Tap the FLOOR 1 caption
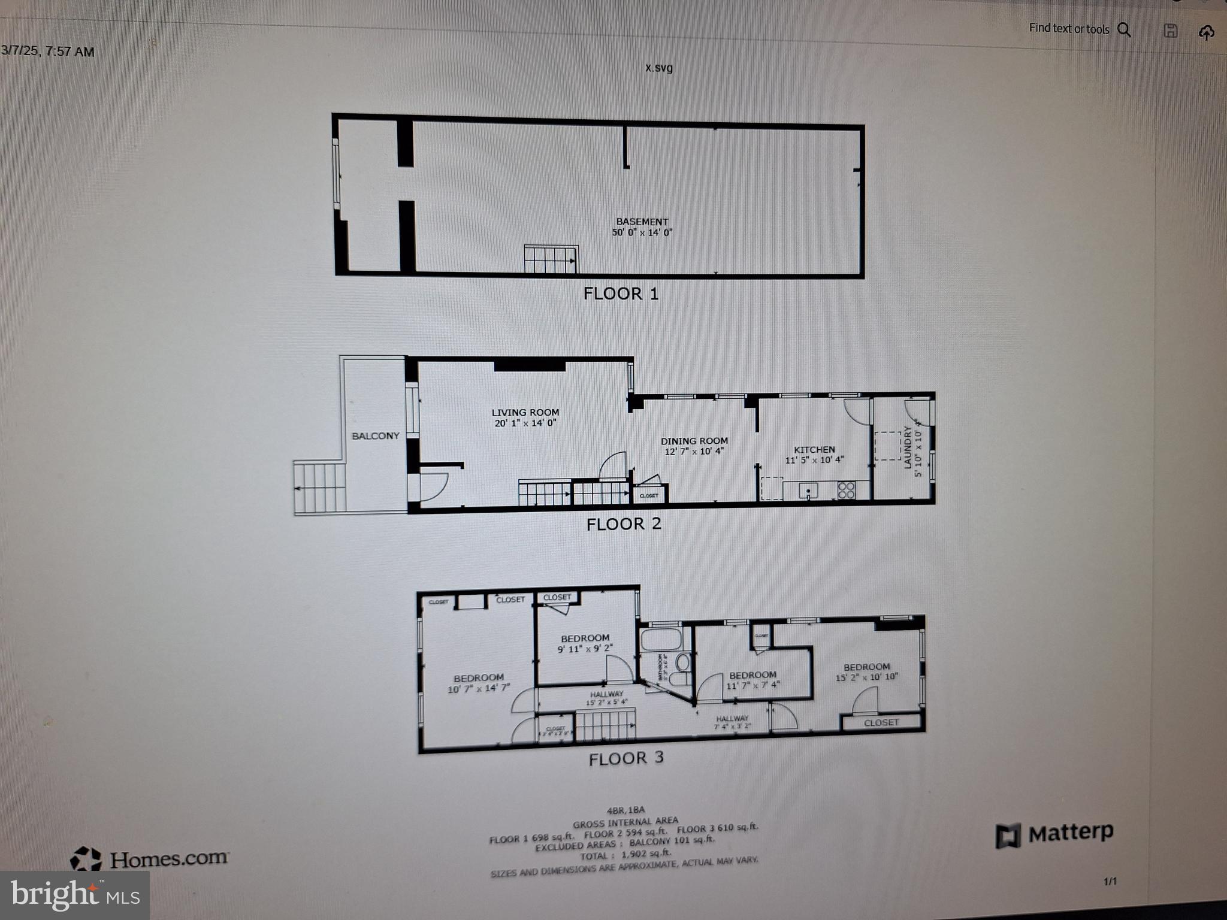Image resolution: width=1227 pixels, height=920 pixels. pyautogui.click(x=621, y=293)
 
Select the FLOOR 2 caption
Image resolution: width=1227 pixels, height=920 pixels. pyautogui.click(x=624, y=524)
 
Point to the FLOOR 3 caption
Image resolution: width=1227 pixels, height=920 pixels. pyautogui.click(x=626, y=758)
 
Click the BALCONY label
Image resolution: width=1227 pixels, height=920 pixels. pyautogui.click(x=375, y=436)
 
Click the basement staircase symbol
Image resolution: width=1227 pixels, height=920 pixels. pyautogui.click(x=551, y=259)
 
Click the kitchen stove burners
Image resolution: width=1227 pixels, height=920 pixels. pyautogui.click(x=846, y=491)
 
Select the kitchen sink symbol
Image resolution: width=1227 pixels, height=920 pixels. pyautogui.click(x=808, y=491)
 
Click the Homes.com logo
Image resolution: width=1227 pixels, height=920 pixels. pyautogui.click(x=150, y=859)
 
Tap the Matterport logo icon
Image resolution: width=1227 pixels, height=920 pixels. pyautogui.click(x=1008, y=836)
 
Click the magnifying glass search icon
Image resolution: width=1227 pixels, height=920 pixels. pyautogui.click(x=1125, y=30)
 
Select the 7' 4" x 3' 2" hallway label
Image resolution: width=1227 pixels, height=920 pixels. pyautogui.click(x=732, y=722)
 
